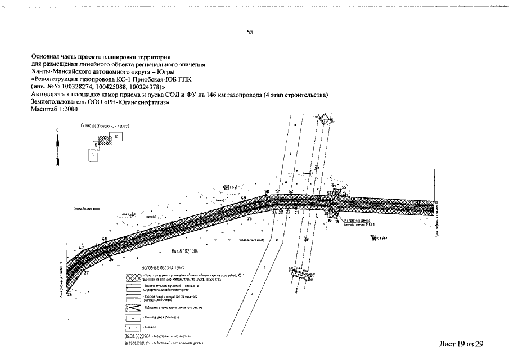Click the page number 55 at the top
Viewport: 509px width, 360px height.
pyautogui.click(x=250, y=32)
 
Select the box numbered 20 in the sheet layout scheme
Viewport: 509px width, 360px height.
pyautogui.click(x=116, y=137)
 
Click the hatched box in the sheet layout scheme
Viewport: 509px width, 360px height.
pyautogui.click(x=102, y=141)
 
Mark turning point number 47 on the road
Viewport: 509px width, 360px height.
pyautogui.click(x=81, y=247)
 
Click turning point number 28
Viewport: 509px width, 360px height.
pyautogui.click(x=70, y=294)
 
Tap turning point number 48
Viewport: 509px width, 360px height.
pyautogui.click(x=105, y=238)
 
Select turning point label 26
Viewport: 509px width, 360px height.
pyautogui.click(x=111, y=259)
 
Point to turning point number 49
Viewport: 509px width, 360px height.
pyautogui.click(x=244, y=198)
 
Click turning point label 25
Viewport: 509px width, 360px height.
pyautogui.click(x=249, y=218)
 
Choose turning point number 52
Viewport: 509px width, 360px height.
pyautogui.click(x=291, y=192)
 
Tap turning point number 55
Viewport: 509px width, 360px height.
pyautogui.click(x=344, y=187)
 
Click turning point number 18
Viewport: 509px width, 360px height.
pyautogui.click(x=337, y=222)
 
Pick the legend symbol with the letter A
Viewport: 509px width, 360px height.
pyautogui.click(x=133, y=318)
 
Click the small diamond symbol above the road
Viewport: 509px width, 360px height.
pyautogui.click(x=324, y=119)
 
